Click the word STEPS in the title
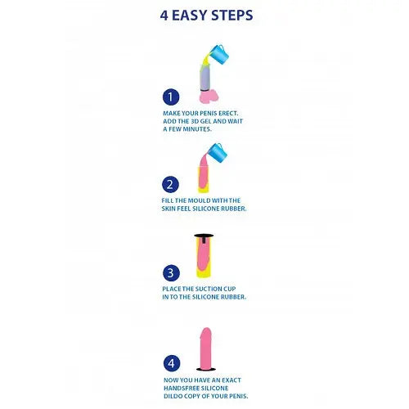click(232, 15)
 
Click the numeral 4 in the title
click(164, 16)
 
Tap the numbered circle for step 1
click(171, 97)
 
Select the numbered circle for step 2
click(170, 185)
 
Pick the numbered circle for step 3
click(171, 272)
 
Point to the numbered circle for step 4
click(172, 363)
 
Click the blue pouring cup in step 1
click(219, 54)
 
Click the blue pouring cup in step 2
click(218, 153)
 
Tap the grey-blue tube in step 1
click(204, 78)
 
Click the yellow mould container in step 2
click(204, 180)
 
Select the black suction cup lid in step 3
click(204, 236)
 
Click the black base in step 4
click(206, 369)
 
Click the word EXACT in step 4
click(231, 380)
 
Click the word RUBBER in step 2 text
click(235, 209)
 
